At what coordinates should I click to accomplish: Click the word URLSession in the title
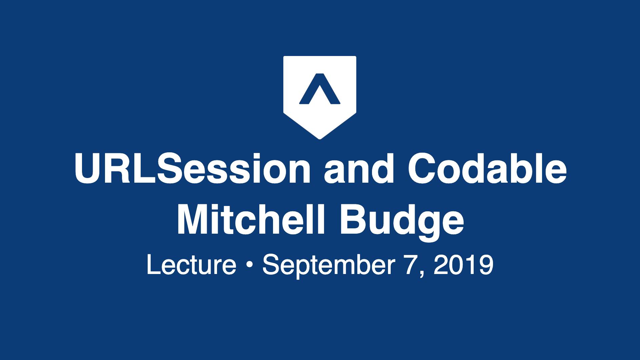point(192,169)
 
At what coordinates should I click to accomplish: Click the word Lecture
point(191,265)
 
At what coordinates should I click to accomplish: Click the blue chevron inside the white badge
point(319,89)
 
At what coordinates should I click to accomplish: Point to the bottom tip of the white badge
point(320,139)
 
